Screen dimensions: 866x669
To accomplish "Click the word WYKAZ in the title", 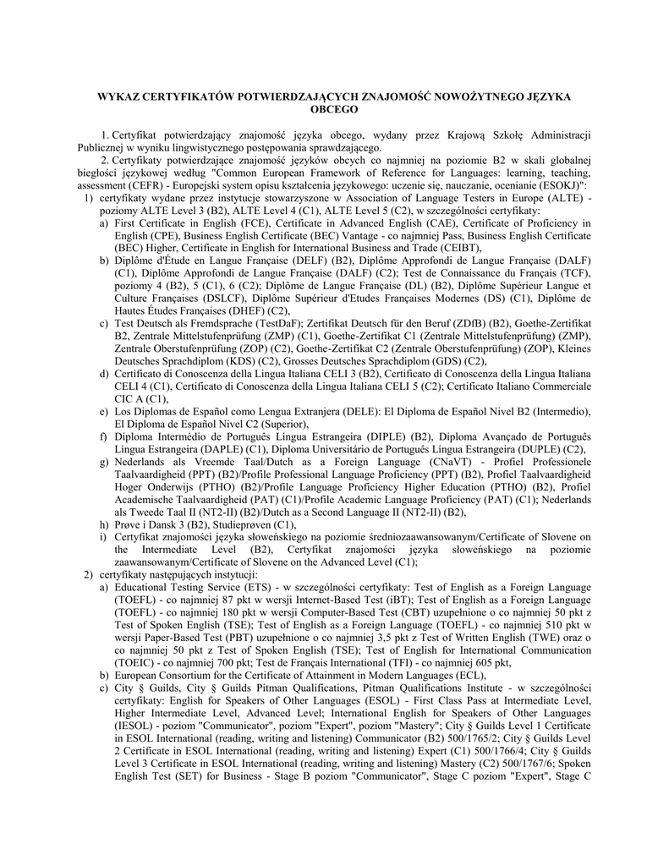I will point(121,97).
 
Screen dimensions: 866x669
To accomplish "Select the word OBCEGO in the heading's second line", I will point(334,109).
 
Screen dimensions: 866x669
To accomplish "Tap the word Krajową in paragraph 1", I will point(486,135).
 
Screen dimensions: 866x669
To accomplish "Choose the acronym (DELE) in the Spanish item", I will point(359,411).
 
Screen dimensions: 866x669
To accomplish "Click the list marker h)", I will point(103,523).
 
